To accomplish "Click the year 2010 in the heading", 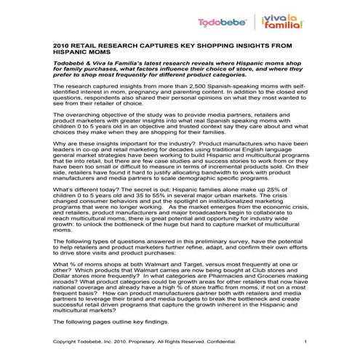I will click(x=60, y=44).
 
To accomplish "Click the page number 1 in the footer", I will click(x=305, y=342).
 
